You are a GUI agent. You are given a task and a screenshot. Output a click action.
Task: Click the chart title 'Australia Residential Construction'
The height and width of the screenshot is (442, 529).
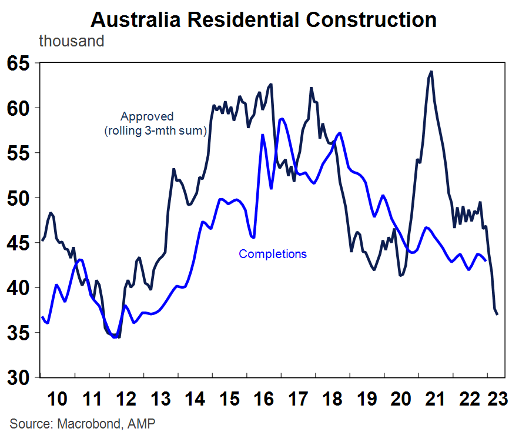(x=264, y=20)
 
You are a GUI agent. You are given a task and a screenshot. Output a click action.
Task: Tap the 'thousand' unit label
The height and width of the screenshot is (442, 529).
(x=71, y=42)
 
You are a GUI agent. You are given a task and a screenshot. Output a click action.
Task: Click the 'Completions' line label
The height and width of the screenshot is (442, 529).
(x=273, y=254)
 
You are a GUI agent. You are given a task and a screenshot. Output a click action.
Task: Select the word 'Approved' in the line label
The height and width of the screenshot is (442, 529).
(x=147, y=116)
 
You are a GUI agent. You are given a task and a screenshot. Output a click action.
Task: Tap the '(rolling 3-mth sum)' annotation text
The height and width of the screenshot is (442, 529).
(x=155, y=130)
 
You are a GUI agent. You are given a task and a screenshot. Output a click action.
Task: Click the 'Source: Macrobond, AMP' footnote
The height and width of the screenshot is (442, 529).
(x=82, y=424)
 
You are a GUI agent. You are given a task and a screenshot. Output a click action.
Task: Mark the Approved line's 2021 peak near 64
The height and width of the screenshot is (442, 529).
(x=431, y=72)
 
